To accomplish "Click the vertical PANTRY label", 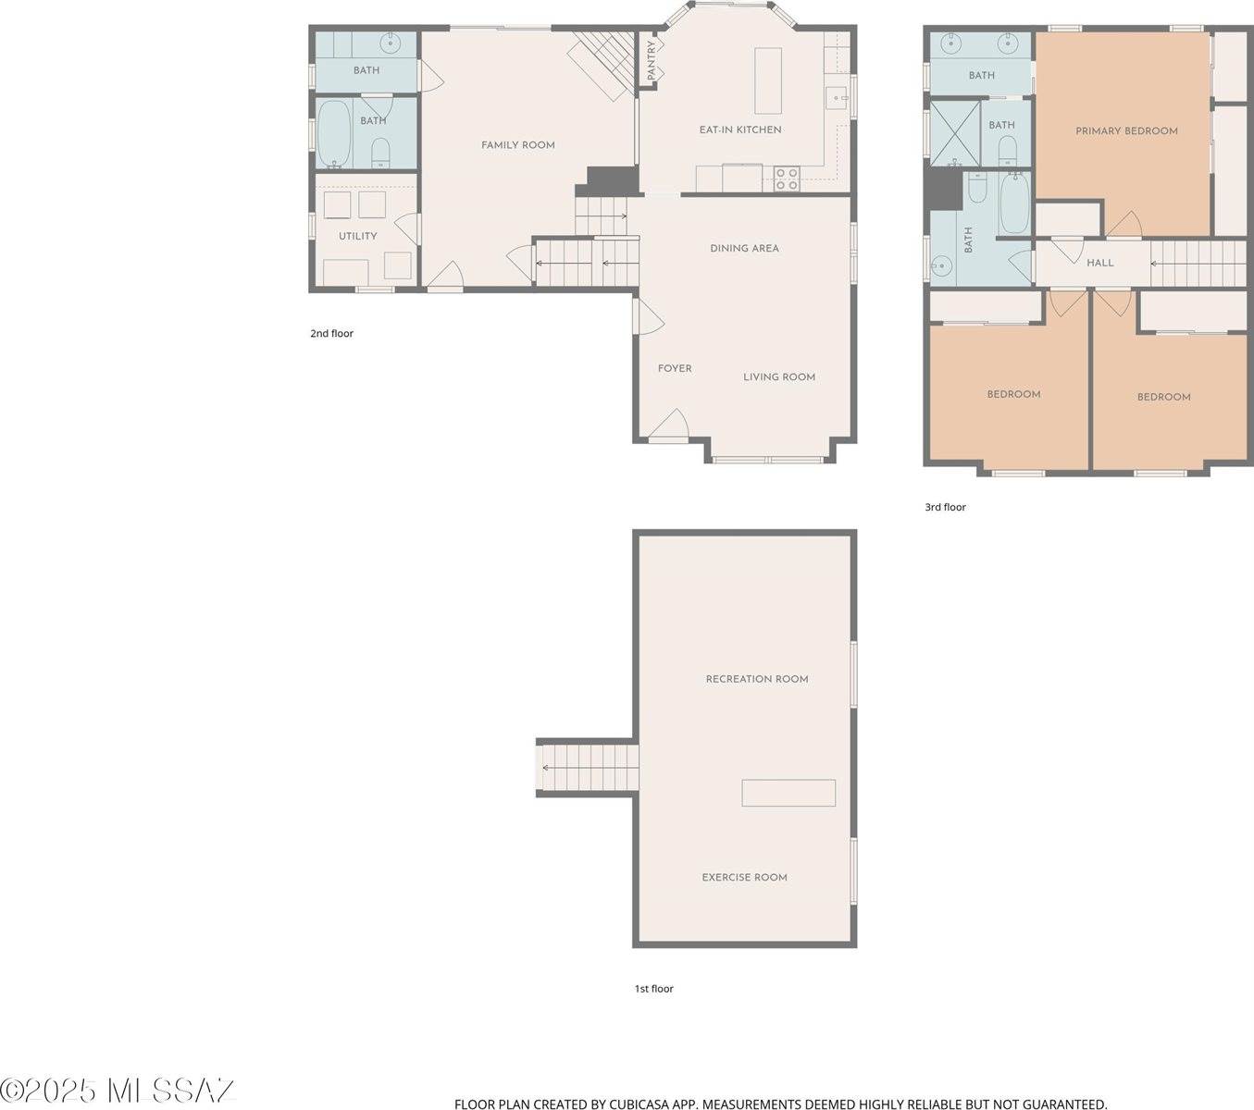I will tap(652, 60).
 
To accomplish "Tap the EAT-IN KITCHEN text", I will tap(740, 130).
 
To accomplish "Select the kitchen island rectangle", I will tap(767, 80).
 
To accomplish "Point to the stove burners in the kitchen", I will tap(786, 179).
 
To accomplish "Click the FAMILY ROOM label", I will tap(518, 145).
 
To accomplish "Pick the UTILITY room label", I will tap(357, 237).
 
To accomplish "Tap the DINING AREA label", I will tap(744, 249).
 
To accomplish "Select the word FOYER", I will tap(675, 369).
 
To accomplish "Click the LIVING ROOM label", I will tap(779, 377).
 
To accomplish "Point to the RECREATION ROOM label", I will tap(757, 680).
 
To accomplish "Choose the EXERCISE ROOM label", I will tap(744, 878).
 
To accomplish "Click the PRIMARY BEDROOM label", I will tap(1126, 131).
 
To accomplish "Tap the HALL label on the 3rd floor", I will tap(1100, 264).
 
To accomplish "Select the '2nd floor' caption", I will tap(331, 334).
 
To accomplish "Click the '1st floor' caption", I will tap(653, 989).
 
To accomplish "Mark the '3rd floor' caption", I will tap(945, 508).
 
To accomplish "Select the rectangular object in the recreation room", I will tap(788, 793).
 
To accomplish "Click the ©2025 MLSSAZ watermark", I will tap(118, 1091).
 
